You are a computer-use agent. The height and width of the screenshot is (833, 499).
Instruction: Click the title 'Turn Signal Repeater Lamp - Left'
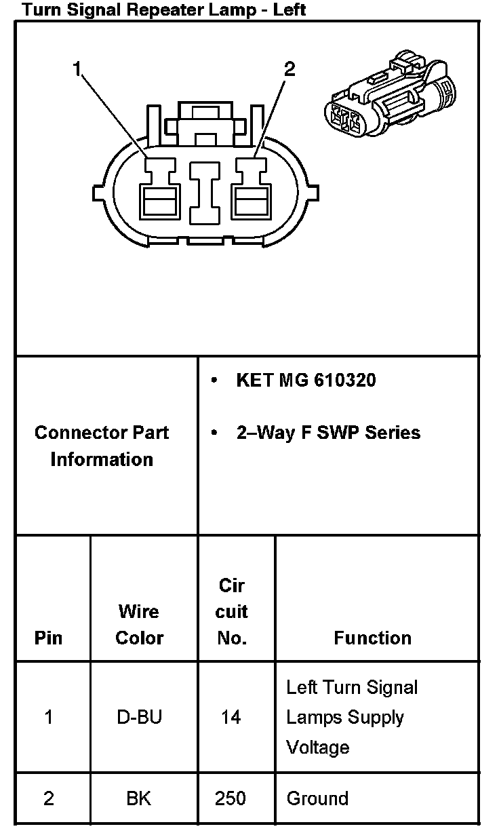tap(163, 9)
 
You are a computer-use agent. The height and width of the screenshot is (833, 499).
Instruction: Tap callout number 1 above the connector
tap(77, 69)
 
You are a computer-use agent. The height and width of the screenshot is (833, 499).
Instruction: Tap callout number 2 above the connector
tap(289, 69)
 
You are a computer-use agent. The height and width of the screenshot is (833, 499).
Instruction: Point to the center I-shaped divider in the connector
tap(204, 191)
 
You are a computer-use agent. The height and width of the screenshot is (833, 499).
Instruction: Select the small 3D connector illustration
tap(390, 95)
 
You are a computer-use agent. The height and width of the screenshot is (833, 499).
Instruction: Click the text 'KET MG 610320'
tap(306, 380)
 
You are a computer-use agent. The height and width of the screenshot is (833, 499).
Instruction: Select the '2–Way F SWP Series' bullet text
tap(328, 433)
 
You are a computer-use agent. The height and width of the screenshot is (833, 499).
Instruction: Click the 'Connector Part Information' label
tap(102, 446)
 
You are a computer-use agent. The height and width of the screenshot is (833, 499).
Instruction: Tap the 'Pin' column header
tap(48, 638)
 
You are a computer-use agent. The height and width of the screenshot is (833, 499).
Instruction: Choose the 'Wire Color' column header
tap(139, 624)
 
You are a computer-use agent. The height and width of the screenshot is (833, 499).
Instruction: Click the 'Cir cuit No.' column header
tap(231, 611)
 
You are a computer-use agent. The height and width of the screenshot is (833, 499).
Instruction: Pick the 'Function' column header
tap(372, 638)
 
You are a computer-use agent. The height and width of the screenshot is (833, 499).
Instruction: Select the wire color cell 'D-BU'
tap(139, 717)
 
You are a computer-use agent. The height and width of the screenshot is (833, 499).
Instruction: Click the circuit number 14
tap(231, 717)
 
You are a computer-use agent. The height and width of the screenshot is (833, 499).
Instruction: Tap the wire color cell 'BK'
tap(139, 798)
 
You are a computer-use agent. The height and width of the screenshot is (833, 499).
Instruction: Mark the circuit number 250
tap(231, 798)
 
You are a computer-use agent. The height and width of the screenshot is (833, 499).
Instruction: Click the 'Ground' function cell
tap(317, 798)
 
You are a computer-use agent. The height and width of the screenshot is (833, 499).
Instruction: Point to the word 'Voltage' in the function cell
tap(317, 747)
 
